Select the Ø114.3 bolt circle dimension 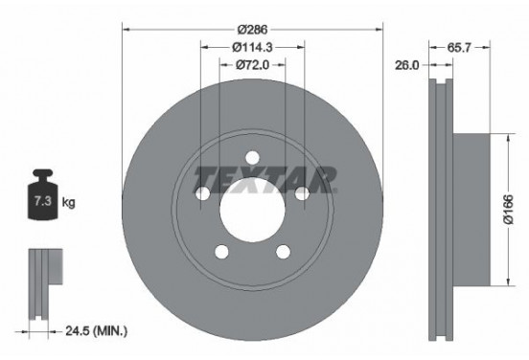pos(252,45)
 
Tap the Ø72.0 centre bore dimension pos(251,65)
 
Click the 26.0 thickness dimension pos(408,65)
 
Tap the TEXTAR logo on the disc pos(265,177)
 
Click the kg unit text pos(69,204)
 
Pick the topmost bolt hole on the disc pos(252,158)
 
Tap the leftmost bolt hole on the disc pos(203,194)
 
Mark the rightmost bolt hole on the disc pos(301,194)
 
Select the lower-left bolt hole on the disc pos(221,252)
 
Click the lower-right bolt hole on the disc pos(283,252)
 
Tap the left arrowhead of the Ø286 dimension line pos(126,29)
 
